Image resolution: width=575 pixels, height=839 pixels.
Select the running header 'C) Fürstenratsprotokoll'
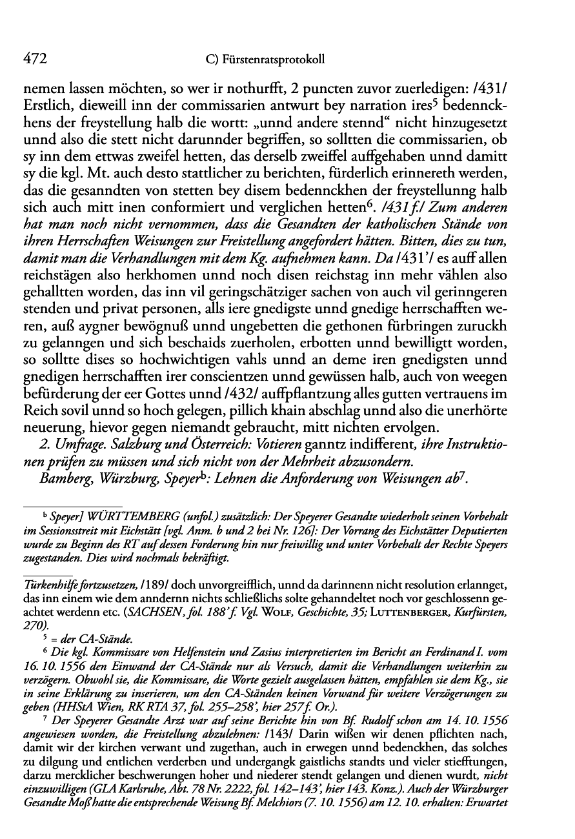(x=263, y=60)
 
